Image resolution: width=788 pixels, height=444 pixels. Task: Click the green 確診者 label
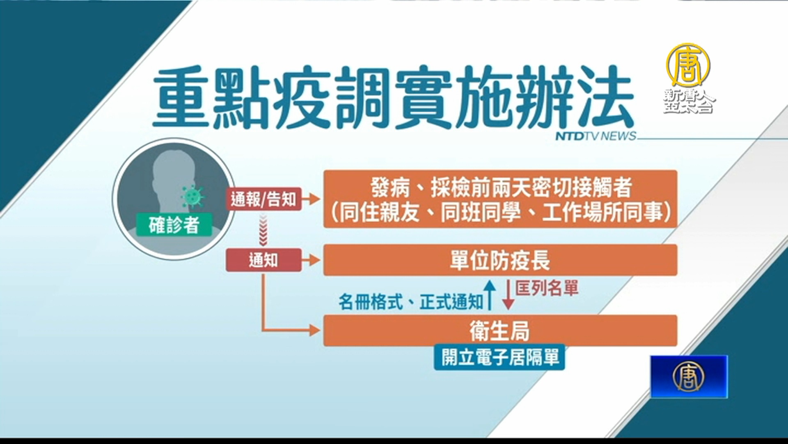(x=174, y=224)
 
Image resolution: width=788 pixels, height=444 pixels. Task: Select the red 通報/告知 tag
(x=263, y=199)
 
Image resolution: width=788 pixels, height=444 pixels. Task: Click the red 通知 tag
(x=263, y=260)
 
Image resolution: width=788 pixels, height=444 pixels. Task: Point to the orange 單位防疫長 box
(x=500, y=260)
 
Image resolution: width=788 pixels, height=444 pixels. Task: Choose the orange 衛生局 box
(x=500, y=331)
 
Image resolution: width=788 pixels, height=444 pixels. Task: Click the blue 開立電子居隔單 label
(x=500, y=357)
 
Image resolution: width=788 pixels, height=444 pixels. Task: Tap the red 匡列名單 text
(x=547, y=288)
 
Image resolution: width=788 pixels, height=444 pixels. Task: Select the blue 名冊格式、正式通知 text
(x=410, y=302)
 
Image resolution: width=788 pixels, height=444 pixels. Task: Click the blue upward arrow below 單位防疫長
(x=489, y=295)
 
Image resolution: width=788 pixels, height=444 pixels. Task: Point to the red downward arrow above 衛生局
(x=509, y=295)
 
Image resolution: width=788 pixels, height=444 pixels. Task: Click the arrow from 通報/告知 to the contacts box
(x=311, y=199)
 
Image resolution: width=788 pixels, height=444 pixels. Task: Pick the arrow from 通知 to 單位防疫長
(x=311, y=260)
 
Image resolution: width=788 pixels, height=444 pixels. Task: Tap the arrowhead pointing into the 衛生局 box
(x=315, y=330)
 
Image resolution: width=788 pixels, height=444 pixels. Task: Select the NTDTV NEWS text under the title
(x=596, y=136)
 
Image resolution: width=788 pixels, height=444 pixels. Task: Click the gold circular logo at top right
(x=688, y=65)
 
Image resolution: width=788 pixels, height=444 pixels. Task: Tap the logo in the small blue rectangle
(x=688, y=376)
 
